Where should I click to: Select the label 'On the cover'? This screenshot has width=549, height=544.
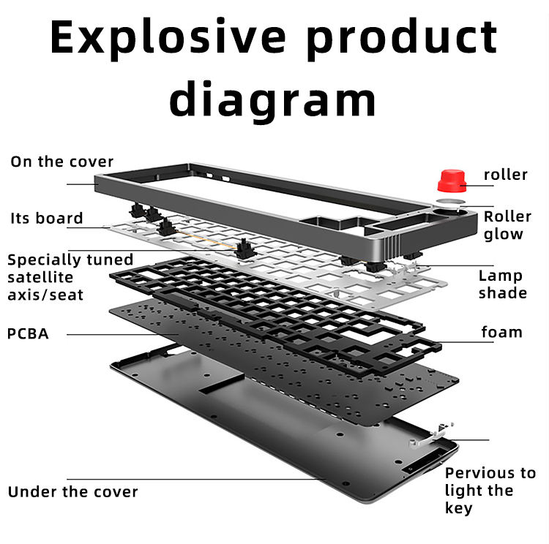point(61,162)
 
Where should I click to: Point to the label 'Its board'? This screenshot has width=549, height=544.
point(47,218)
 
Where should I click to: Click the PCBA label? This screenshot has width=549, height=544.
point(28,333)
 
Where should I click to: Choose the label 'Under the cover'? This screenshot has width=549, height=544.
point(72,491)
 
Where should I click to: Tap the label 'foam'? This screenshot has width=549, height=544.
point(501,332)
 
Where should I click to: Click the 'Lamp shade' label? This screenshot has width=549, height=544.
point(502,284)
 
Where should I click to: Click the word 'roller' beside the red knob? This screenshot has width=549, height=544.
point(505,174)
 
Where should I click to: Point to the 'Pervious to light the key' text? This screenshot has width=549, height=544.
point(490,491)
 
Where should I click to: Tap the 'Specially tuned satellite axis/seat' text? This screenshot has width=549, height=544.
point(70,277)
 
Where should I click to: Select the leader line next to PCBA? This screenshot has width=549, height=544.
point(117,334)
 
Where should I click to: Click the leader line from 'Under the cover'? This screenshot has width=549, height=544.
point(234,480)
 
